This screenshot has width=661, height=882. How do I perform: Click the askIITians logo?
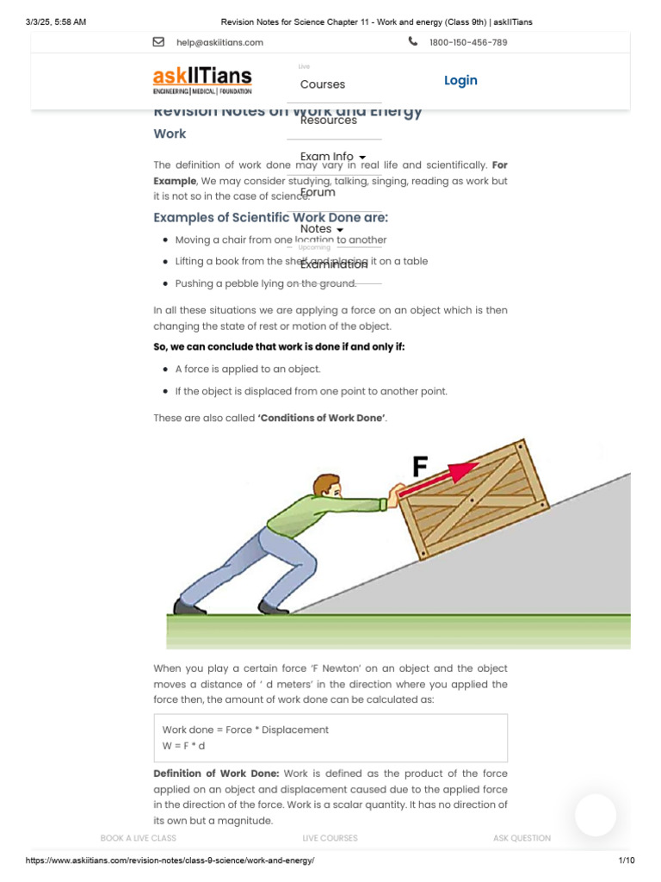pyautogui.click(x=203, y=80)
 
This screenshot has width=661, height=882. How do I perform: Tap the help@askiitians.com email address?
pyautogui.click(x=219, y=42)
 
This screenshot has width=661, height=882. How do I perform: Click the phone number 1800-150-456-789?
pyautogui.click(x=468, y=42)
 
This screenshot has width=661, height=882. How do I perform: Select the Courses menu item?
pyautogui.click(x=323, y=84)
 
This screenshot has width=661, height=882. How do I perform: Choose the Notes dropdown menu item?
pyautogui.click(x=322, y=229)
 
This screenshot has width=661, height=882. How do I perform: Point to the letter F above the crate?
pyautogui.click(x=420, y=467)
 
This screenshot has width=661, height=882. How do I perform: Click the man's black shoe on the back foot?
pyautogui.click(x=189, y=607)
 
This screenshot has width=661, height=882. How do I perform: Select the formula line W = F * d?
pyautogui.click(x=184, y=745)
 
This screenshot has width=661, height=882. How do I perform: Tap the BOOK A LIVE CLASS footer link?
pyautogui.click(x=139, y=837)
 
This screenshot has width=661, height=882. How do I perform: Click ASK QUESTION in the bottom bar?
pyautogui.click(x=522, y=837)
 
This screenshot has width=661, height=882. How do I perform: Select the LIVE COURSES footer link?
pyautogui.click(x=330, y=837)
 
